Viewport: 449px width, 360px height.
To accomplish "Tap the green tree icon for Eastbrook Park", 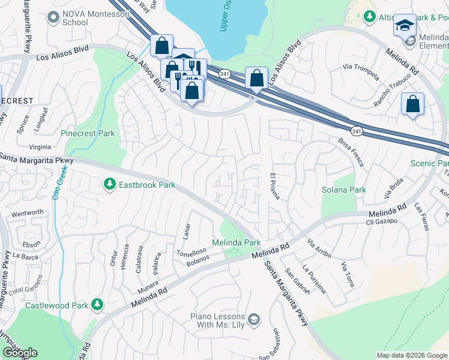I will pyautogui.click(x=109, y=184).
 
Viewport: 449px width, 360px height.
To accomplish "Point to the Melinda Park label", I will pyautogui.click(x=236, y=242).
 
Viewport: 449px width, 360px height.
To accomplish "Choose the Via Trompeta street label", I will pyautogui.click(x=360, y=71).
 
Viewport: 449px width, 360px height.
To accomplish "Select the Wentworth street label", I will pyautogui.click(x=28, y=212).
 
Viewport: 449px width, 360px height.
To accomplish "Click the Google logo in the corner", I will pyautogui.click(x=20, y=353).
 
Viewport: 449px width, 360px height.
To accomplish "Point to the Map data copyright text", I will pyautogui.click(x=411, y=355).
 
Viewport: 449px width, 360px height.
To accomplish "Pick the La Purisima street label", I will pyautogui.click(x=315, y=279).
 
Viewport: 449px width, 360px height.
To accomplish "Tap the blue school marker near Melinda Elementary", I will pyautogui.click(x=405, y=25).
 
